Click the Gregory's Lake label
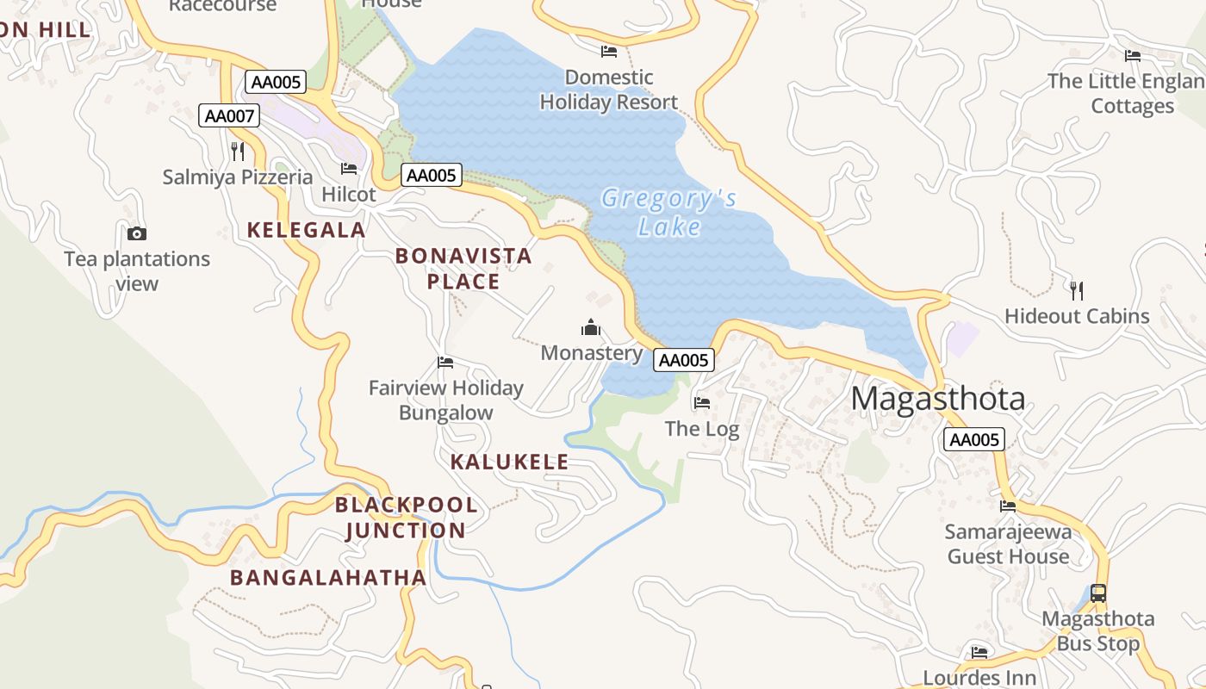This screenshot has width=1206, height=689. coord(669,212)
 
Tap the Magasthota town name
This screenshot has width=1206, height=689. coord(938,400)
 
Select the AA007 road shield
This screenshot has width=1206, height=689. coord(229,115)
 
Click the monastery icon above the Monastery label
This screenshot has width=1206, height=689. coord(591,327)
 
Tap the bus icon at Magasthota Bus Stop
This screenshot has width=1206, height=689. coord(1097,593)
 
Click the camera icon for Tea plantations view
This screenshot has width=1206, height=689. coord(136,233)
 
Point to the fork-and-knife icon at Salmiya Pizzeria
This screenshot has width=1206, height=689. coord(238,152)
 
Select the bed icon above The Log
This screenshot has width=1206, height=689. coord(702,402)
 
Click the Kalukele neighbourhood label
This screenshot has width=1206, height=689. coord(509,462)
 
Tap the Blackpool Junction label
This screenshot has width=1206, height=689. coord(405,518)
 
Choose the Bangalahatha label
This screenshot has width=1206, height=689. coord(328,577)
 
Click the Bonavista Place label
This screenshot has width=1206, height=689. coord(463,269)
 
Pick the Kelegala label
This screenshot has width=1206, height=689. coord(306,230)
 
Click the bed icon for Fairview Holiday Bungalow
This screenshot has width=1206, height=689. coord(445,363)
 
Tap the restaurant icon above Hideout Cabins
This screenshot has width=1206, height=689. coord(1076,290)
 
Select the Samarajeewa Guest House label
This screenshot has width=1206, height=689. coord(1008,543)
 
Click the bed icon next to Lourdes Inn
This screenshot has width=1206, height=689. coord(979,653)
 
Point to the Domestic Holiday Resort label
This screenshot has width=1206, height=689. coord(608,90)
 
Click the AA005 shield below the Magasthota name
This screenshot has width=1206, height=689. coord(974,440)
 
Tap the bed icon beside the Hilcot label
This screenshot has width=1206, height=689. coord(349,169)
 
